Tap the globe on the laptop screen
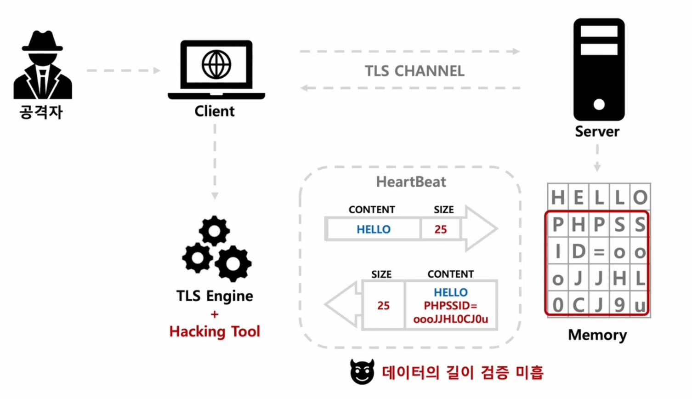(216, 64)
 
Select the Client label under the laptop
(215, 111)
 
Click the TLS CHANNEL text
(414, 71)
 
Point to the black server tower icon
(599, 69)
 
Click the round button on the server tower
(599, 104)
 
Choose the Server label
(597, 131)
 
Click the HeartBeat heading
(411, 182)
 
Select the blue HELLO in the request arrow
(374, 229)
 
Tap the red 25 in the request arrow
(441, 229)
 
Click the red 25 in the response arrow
(383, 306)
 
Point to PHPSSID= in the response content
(450, 306)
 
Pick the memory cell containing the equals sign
(599, 251)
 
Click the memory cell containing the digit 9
(619, 305)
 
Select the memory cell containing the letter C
(579, 305)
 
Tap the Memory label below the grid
(597, 335)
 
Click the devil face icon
(362, 372)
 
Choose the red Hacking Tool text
(215, 331)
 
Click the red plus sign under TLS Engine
(215, 314)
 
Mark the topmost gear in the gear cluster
(214, 230)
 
